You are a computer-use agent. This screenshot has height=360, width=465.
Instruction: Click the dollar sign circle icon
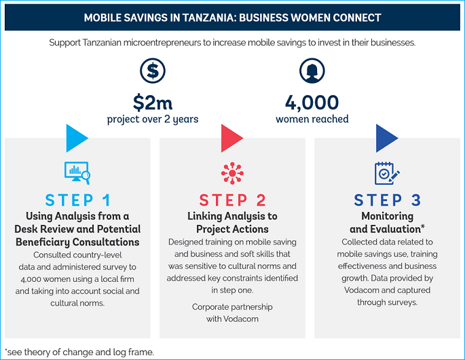point(153,71)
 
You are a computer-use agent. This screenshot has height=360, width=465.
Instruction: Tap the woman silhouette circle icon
point(312,71)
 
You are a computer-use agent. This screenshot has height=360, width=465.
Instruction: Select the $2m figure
point(153,103)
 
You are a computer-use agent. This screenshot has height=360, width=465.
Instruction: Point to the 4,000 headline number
point(312,103)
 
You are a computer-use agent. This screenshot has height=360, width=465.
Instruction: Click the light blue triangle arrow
point(75,139)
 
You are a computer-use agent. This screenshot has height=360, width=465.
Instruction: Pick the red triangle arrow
point(231,139)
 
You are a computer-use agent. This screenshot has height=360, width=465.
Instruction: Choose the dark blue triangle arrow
point(386,139)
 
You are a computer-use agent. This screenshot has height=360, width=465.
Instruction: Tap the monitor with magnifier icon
point(77,173)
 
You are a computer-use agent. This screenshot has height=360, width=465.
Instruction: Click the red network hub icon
point(232,173)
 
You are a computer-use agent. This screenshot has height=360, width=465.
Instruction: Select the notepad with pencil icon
point(387,173)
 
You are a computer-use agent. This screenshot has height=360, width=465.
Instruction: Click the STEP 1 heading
point(77,200)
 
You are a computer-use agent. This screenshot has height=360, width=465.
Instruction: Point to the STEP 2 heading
point(232,200)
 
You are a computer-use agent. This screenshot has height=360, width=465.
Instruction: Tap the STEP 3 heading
point(388,200)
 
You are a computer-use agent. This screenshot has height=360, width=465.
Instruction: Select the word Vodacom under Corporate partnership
point(241,319)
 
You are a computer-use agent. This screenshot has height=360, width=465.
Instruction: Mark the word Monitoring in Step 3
point(388,217)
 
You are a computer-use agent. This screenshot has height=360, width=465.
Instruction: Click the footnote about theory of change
point(79,353)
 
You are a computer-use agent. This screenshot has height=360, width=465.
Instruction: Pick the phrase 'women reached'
point(312,119)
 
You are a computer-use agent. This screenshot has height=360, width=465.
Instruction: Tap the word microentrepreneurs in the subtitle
point(162,43)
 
